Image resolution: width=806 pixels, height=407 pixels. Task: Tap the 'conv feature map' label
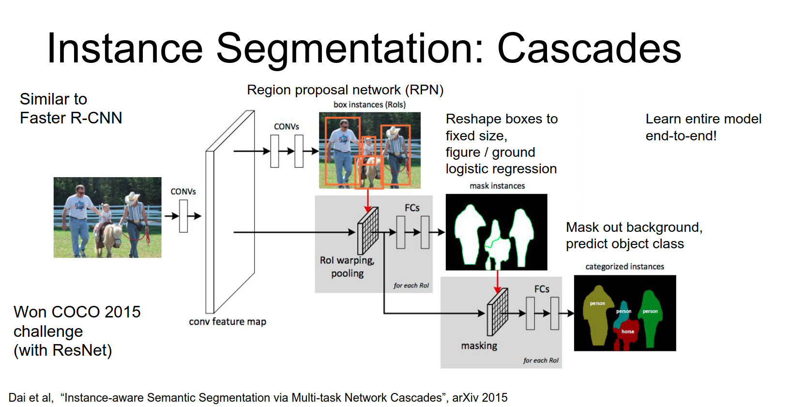[x=227, y=322]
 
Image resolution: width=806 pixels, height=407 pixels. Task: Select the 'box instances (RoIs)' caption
[x=369, y=105]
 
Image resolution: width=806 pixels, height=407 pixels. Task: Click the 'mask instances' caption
[x=497, y=186]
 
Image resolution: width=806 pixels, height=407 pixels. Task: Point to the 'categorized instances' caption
[x=624, y=267]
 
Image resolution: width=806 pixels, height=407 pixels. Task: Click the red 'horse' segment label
[x=627, y=332]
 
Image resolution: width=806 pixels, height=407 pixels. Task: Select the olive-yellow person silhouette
[x=597, y=317]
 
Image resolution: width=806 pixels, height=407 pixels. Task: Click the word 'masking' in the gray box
[x=479, y=346]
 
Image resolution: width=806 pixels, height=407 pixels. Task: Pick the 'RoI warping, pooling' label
[x=347, y=267]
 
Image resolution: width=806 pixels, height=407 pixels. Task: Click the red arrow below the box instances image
[x=368, y=199]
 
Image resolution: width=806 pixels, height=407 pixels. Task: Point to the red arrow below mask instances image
[x=497, y=281]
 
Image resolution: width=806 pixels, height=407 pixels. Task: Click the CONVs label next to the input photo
[x=183, y=192]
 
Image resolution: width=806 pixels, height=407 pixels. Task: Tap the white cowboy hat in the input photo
[x=132, y=197]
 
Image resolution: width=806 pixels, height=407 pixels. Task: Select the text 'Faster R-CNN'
[x=71, y=118]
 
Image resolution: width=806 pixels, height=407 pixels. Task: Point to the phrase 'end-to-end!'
[x=681, y=136]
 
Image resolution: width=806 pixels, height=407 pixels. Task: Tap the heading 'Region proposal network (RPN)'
[x=345, y=90]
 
